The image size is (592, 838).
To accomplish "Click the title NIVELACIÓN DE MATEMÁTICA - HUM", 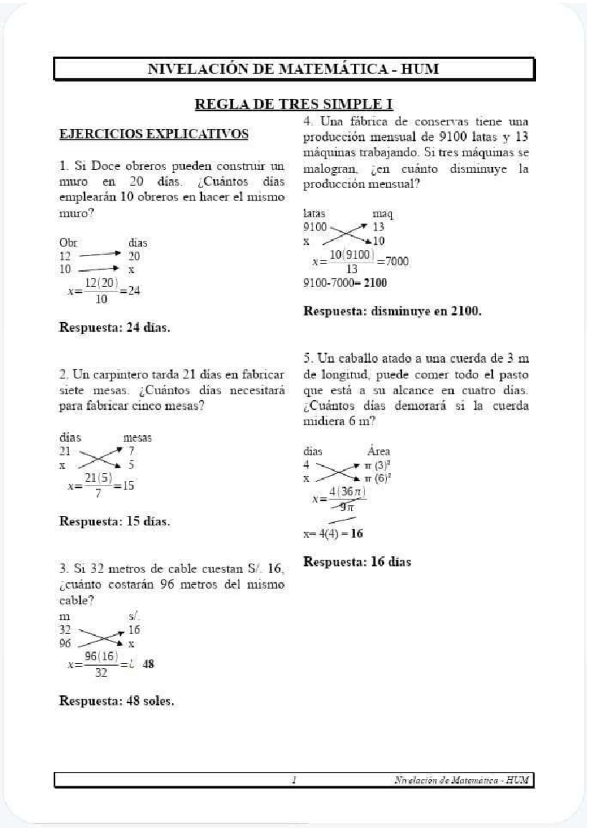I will point(294,69).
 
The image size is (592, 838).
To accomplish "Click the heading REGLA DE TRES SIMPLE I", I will point(294,104).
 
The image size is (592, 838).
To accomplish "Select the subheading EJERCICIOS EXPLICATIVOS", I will point(153,134).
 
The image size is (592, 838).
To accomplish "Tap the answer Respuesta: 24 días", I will point(114,328).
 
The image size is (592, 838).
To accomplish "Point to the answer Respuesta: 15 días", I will point(114,522).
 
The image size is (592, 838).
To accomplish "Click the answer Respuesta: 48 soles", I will point(116,701).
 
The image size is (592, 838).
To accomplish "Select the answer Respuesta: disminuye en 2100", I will point(392,311).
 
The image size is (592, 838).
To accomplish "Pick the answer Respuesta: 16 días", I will point(357,562).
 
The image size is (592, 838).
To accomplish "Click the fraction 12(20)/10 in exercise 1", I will point(101,291).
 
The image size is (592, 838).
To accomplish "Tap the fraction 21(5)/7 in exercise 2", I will point(98,485).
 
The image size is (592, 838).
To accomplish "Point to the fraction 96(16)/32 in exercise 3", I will point(101,664).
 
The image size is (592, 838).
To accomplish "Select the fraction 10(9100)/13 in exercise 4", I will point(351,262).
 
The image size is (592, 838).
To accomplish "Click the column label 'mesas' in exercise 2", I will point(137,438).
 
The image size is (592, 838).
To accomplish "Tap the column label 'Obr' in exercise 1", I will point(68,243).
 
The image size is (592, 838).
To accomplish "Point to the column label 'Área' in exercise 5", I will point(378,451).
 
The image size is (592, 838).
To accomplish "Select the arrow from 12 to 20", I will point(99,255).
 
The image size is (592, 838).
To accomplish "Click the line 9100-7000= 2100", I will point(345,283).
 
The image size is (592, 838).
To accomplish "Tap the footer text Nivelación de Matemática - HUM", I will point(461,780).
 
